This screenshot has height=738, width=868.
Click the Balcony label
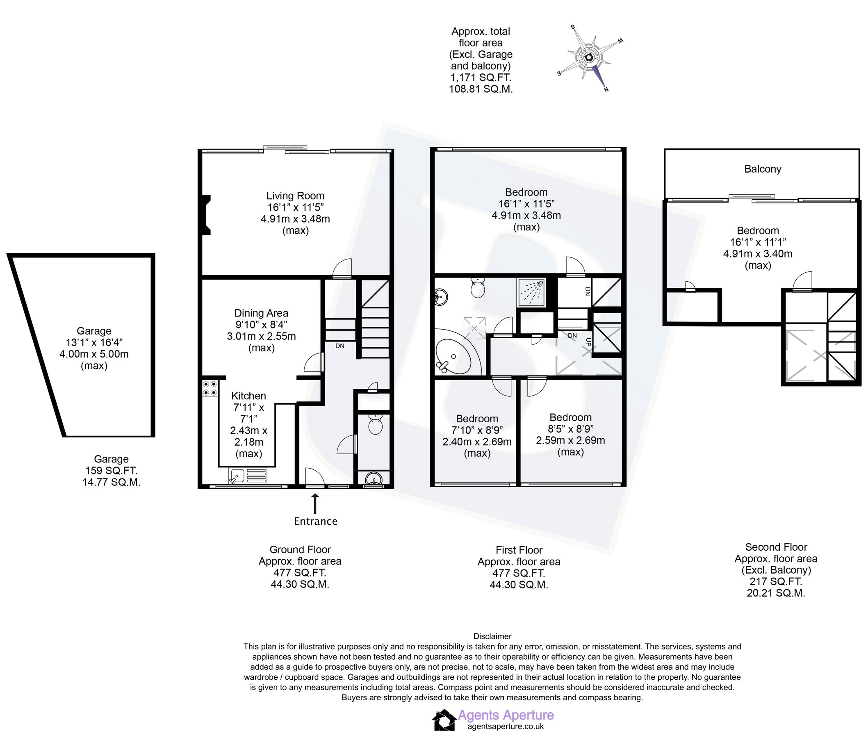pos(762,169)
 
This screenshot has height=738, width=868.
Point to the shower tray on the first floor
pos(531,292)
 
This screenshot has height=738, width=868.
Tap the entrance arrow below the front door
pos(314,503)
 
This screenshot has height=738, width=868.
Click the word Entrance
pos(315,521)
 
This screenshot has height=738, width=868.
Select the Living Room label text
pos(295,196)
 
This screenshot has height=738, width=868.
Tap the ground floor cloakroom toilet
pos(376,424)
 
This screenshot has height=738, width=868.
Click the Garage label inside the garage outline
pos(94,331)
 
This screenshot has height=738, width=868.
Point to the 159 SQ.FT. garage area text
pos(111,471)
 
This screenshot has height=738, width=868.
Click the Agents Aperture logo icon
pos(444,720)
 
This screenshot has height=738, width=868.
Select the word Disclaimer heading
pos(492,636)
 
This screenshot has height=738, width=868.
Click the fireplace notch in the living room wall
pos(206,216)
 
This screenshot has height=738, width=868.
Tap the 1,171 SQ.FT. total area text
pos(481,77)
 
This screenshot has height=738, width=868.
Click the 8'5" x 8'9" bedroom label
pos(571,428)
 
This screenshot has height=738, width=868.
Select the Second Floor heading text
pos(776,547)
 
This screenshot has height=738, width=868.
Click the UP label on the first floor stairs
pos(588,342)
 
